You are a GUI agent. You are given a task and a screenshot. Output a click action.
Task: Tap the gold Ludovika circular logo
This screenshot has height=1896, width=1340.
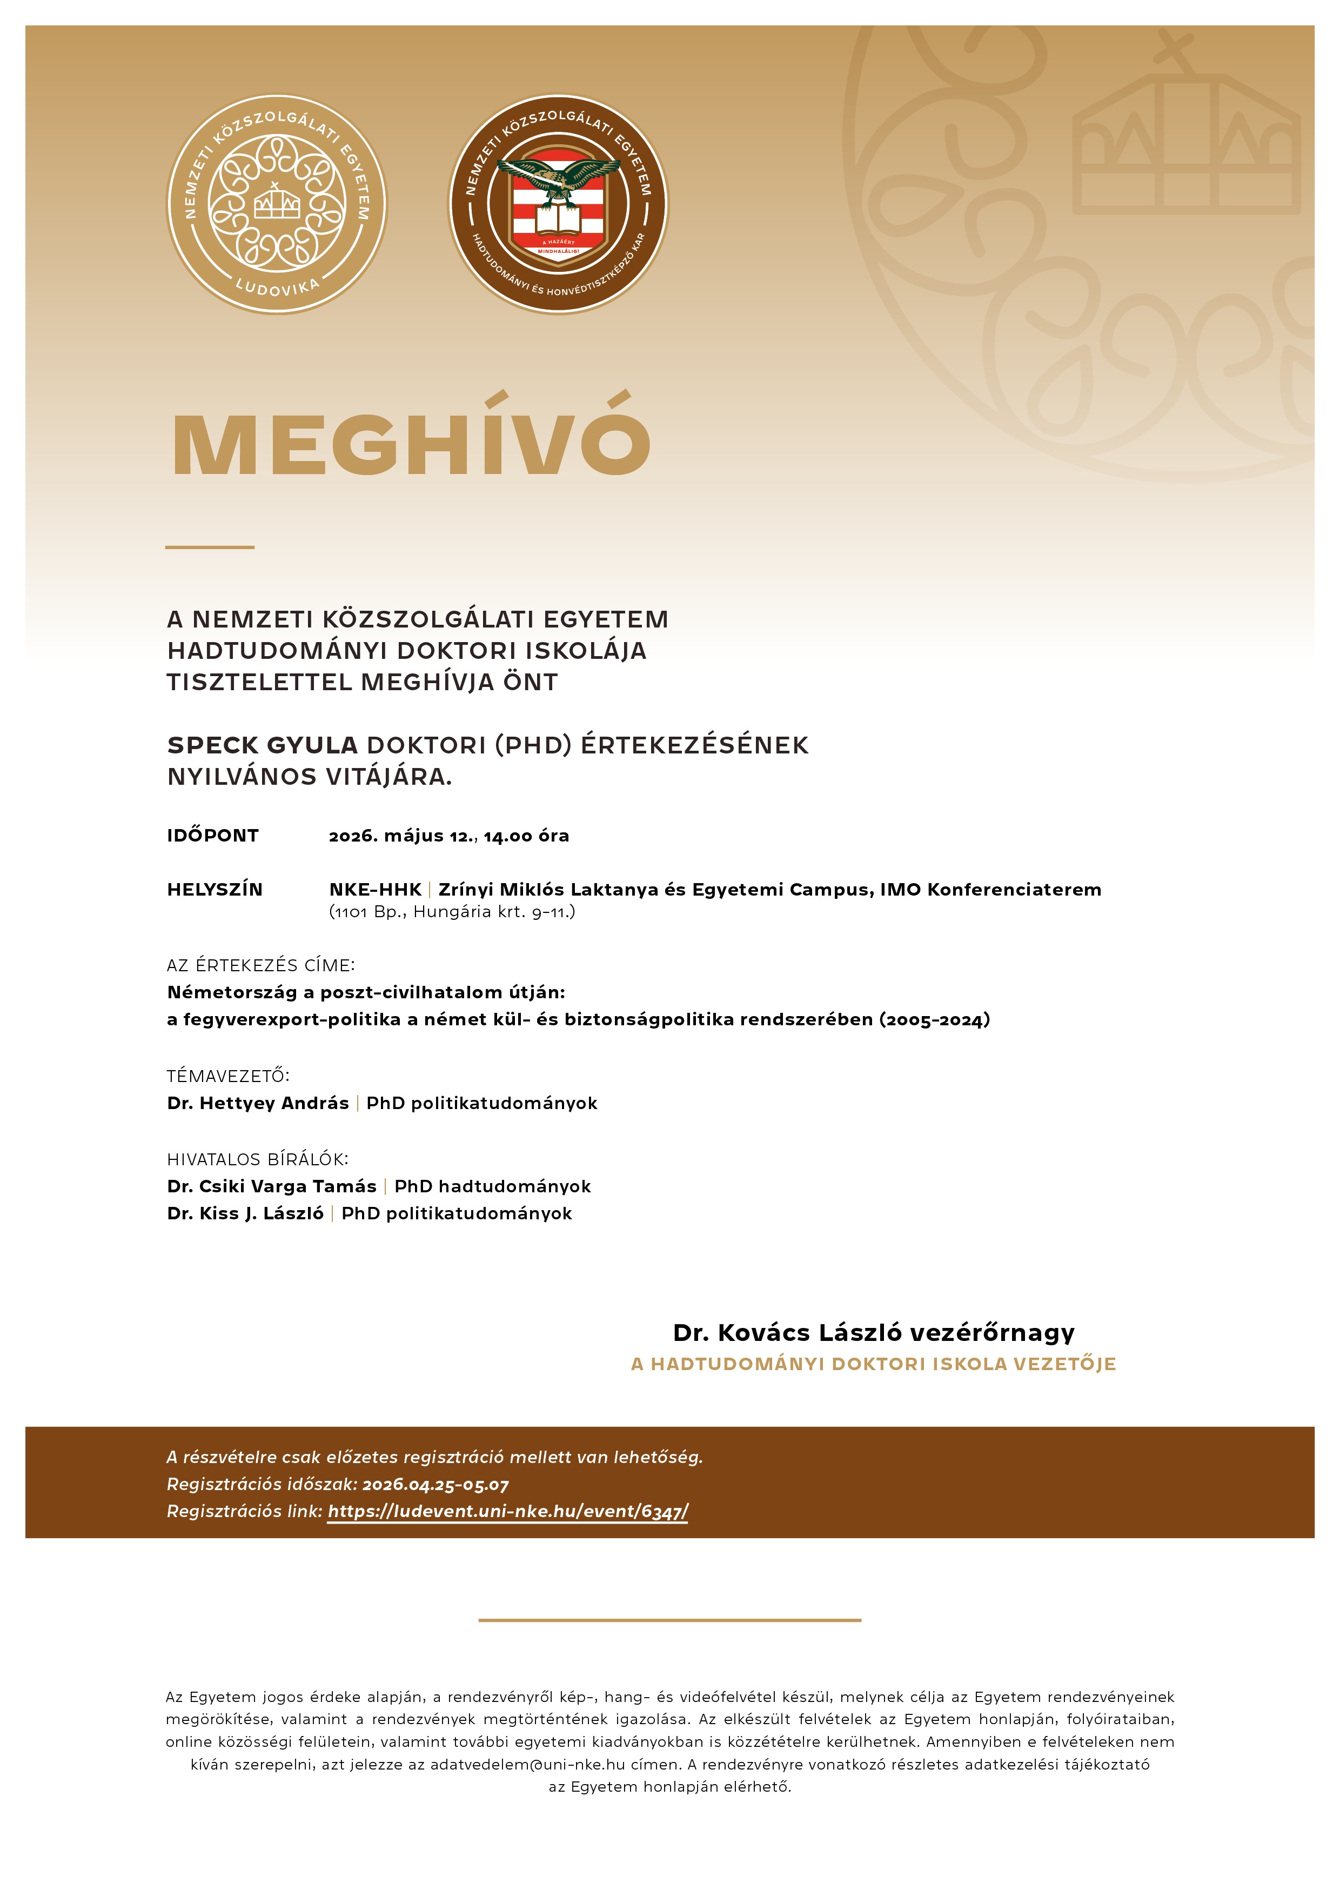tap(277, 203)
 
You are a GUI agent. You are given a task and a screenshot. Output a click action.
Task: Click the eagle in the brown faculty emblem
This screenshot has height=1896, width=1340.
tap(558, 177)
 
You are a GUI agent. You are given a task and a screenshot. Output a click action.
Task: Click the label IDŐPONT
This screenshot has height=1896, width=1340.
tap(213, 836)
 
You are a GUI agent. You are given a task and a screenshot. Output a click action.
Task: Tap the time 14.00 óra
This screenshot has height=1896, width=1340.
tap(527, 836)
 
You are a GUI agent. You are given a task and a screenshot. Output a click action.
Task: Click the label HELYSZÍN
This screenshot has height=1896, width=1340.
tap(215, 890)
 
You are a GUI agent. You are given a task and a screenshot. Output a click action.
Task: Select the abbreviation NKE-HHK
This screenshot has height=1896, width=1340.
tap(376, 890)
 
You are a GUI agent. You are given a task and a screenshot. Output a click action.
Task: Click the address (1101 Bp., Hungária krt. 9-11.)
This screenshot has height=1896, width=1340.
tap(452, 912)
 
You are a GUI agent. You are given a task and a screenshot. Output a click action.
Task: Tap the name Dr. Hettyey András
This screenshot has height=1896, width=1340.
tap(258, 1103)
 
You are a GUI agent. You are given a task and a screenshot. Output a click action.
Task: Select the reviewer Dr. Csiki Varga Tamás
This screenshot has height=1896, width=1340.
tap(272, 1187)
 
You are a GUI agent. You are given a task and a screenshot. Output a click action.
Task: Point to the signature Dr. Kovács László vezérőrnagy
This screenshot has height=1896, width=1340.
tap(874, 1332)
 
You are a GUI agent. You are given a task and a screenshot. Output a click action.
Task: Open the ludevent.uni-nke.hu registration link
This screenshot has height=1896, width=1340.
tap(508, 1511)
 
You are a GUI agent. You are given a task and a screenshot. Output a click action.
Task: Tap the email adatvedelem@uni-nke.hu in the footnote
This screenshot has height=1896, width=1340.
tap(527, 1765)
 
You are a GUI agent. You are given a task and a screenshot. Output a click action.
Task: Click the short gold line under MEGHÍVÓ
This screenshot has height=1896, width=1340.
tap(210, 546)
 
